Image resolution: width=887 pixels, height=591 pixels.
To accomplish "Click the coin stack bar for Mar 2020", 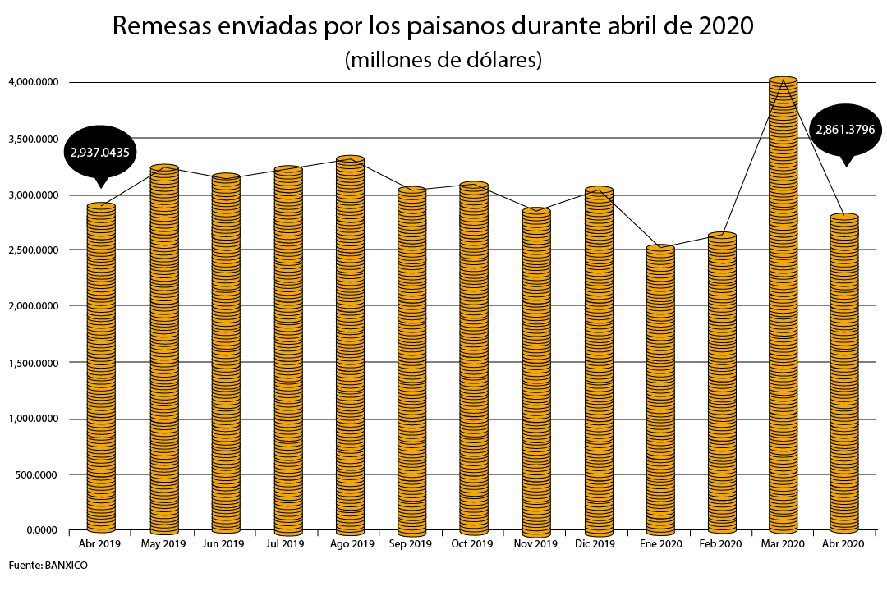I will click(x=783, y=304).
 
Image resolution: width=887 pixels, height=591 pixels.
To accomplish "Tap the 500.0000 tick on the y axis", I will click(x=37, y=474).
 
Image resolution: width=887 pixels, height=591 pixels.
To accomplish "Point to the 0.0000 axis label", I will click(x=41, y=530).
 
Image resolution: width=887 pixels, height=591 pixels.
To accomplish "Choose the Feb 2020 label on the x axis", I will click(x=720, y=544).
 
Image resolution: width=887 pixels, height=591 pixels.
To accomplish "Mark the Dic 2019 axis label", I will click(x=595, y=544).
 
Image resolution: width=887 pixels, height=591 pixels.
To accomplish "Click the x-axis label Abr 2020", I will click(x=842, y=544).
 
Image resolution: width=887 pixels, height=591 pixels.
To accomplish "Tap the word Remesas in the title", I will click(x=163, y=27).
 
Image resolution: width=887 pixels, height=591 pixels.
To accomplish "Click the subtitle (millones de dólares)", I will click(x=443, y=60).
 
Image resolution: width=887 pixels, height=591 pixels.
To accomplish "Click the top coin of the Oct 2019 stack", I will click(x=474, y=186).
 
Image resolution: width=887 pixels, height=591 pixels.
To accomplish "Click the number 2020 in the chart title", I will click(x=724, y=27).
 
